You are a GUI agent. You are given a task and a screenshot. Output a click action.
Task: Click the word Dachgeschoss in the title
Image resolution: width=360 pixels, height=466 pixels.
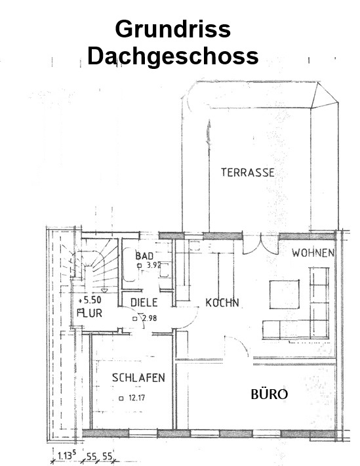point(173,56)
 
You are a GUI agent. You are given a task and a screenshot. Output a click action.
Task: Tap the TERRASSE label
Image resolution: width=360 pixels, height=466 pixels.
point(248,173)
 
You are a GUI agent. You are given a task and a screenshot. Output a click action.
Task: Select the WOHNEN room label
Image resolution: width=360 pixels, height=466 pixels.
point(313,253)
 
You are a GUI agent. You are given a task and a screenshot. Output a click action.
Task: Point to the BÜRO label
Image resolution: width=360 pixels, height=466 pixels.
point(270,394)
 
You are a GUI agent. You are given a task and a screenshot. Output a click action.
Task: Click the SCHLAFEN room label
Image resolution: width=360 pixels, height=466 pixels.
point(138,378)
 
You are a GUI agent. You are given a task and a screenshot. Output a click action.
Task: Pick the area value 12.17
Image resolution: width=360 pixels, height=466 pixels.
point(136,398)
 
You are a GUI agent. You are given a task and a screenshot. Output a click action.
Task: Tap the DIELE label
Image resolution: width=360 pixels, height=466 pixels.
point(144,303)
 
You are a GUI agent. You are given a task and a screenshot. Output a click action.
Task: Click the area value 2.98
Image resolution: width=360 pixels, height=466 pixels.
point(149,318)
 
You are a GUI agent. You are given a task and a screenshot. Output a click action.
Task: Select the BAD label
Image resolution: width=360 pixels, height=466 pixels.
point(144,256)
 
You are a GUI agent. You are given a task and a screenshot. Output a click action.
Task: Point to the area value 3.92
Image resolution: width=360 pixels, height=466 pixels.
point(154,265)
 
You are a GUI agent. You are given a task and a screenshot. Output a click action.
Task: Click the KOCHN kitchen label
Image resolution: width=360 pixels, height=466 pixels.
point(222,303)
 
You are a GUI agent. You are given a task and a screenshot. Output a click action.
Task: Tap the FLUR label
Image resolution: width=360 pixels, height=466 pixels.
point(89,313)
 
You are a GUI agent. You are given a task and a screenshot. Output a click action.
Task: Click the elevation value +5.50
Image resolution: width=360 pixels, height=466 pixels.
point(90,300)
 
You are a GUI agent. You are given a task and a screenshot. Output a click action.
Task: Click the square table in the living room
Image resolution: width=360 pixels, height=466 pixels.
point(284,295)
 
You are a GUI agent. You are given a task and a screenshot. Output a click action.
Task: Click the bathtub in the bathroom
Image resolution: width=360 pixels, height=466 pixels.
point(129,265)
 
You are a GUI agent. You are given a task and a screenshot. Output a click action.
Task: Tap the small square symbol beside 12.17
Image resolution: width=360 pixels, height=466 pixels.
point(121,398)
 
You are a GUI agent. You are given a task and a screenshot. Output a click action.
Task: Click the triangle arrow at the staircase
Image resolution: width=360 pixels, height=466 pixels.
point(104,290)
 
